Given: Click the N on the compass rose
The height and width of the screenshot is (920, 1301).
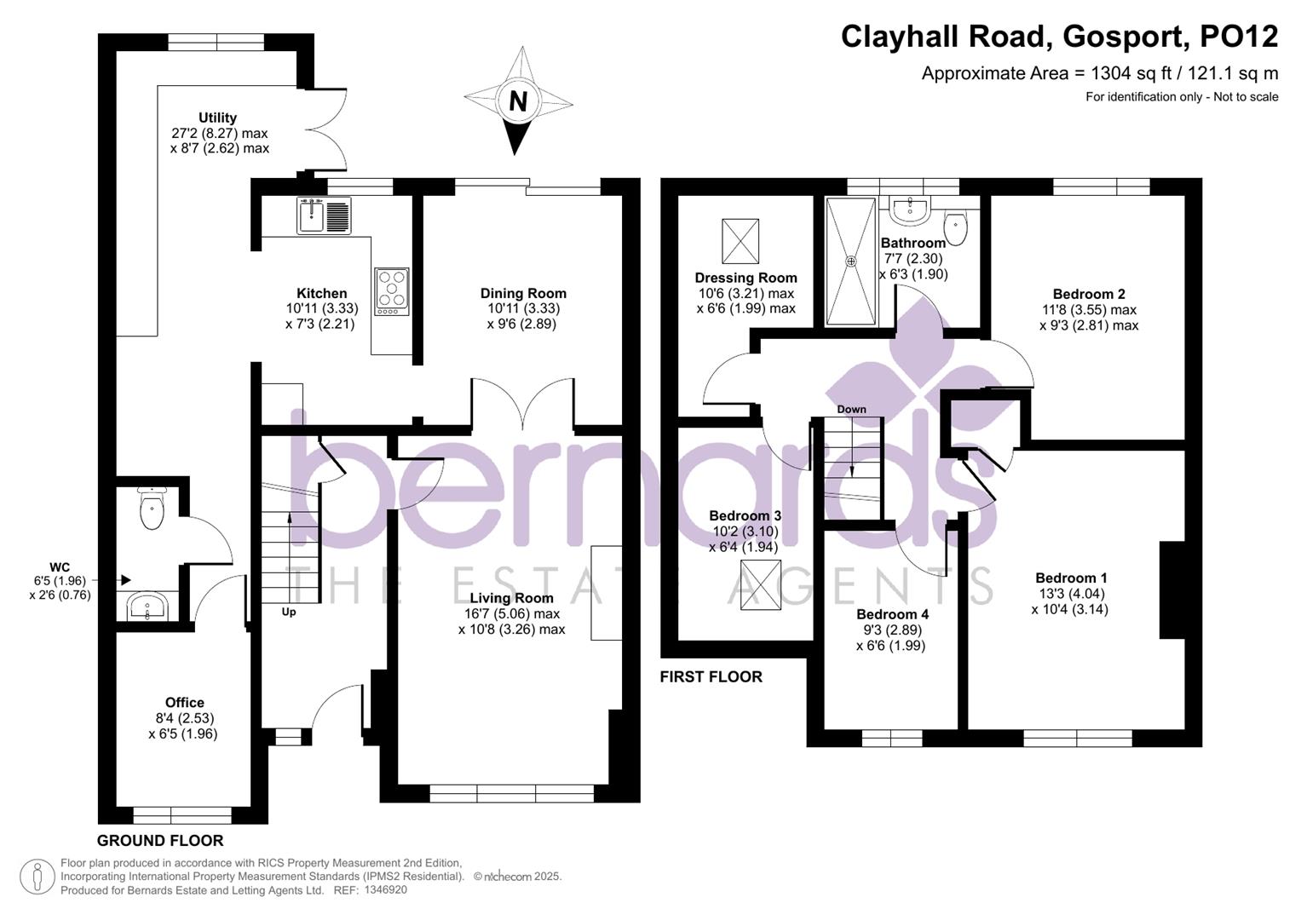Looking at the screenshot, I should pyautogui.click(x=517, y=101).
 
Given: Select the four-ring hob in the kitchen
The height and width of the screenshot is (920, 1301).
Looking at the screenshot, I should pyautogui.click(x=392, y=291).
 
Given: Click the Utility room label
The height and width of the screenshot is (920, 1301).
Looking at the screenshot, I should pyautogui.click(x=217, y=118).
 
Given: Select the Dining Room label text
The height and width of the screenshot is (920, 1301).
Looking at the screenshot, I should pyautogui.click(x=523, y=293).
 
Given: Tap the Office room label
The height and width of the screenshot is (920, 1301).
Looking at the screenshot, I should pyautogui.click(x=184, y=703).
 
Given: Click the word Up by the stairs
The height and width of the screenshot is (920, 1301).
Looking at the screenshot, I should pyautogui.click(x=289, y=612).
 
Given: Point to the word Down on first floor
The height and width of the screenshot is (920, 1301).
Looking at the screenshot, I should pyautogui.click(x=851, y=409).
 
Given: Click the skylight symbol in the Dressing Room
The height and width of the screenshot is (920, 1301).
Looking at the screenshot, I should pyautogui.click(x=740, y=241).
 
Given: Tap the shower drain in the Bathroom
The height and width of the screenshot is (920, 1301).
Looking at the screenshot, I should pyautogui.click(x=850, y=262).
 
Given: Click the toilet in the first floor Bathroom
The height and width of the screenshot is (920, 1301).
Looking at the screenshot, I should pyautogui.click(x=957, y=227).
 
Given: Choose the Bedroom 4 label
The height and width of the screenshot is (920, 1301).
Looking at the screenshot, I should pyautogui.click(x=892, y=614).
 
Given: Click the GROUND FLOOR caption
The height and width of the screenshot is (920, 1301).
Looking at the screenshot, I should pyautogui.click(x=160, y=841).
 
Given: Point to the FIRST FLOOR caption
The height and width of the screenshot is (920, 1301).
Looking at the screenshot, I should pyautogui.click(x=711, y=677).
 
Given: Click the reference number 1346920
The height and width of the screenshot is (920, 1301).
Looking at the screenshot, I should pyautogui.click(x=385, y=890).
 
